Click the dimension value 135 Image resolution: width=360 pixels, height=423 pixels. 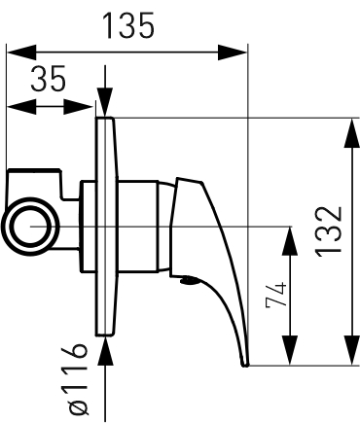pyautogui.click(x=127, y=25)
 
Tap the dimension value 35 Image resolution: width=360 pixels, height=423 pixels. pyautogui.click(x=48, y=78)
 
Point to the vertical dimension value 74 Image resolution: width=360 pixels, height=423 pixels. pyautogui.click(x=276, y=295)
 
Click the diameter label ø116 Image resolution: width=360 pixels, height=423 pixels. pyautogui.click(x=78, y=379)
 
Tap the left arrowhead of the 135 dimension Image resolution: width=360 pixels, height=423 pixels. pyautogui.click(x=21, y=52)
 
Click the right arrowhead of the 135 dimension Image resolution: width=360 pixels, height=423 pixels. pyautogui.click(x=233, y=52)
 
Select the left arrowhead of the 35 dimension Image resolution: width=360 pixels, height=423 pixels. pyautogui.click(x=21, y=107)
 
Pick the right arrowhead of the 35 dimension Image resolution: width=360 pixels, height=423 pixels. pyautogui.click(x=78, y=107)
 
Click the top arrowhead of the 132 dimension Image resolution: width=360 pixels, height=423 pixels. pyautogui.click(x=351, y=133)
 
